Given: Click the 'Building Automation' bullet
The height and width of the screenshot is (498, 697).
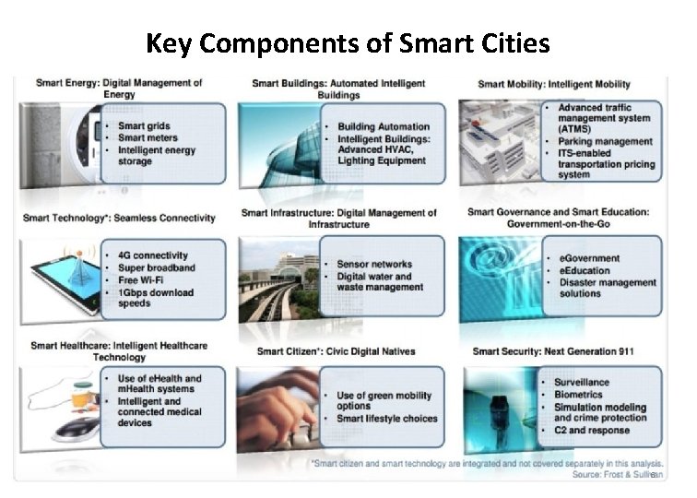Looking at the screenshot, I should pos(383,126).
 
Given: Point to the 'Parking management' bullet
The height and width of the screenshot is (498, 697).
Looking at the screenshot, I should pos(605,142).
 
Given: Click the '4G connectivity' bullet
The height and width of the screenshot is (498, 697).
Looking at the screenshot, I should pos(152,255).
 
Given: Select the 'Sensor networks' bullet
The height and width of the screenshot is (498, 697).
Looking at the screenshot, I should pos(373,264).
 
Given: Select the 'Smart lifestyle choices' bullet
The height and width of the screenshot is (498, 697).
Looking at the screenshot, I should pos(387,419).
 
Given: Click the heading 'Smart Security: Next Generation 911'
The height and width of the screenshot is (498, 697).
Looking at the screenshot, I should pos(553,351).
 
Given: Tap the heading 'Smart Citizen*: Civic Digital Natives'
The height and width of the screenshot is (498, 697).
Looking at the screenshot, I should pos(336,351).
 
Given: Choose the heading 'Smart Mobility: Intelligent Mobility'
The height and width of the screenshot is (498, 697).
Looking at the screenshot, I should pos(554,85).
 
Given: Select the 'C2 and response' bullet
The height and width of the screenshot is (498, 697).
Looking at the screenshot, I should pos(591,431).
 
